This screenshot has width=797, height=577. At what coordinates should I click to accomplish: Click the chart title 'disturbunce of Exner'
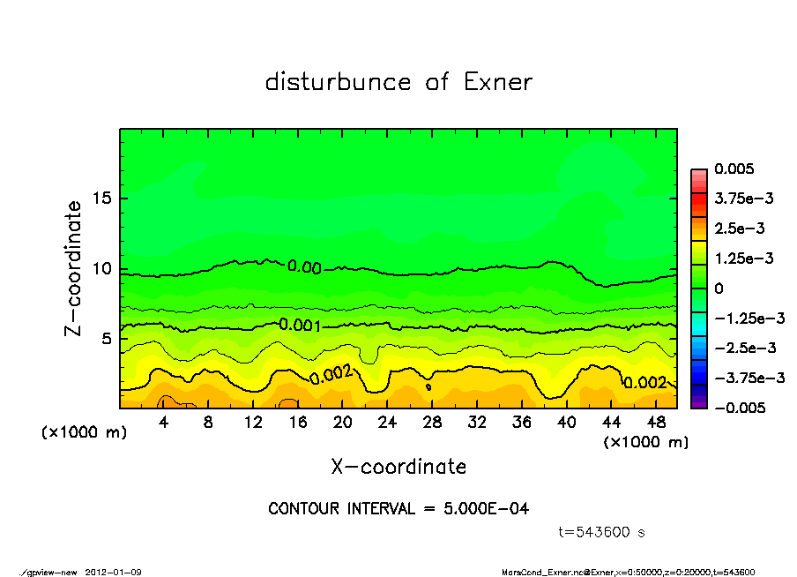pos(398,83)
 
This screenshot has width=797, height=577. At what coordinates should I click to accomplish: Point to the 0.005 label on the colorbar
pos(735,169)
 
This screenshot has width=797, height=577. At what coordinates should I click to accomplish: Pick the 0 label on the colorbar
pos(719,288)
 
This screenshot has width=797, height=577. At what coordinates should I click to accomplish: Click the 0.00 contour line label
pos(304,267)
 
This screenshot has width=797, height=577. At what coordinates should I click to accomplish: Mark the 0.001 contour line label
pos(300,325)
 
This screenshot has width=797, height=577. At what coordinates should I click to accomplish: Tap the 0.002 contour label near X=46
pos(645,383)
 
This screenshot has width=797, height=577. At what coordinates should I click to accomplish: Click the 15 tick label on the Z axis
pos(101,198)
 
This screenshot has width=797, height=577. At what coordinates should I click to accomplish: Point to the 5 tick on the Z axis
pos(108,339)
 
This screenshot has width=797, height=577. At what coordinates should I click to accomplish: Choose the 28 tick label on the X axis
pos(431,423)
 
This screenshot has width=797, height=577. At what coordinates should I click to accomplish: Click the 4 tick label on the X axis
pos(163,423)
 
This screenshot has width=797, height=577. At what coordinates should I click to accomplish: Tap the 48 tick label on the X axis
pos(655,423)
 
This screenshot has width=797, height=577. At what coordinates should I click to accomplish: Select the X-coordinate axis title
pos(398,467)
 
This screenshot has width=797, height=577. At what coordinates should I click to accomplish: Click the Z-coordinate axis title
pos(74,267)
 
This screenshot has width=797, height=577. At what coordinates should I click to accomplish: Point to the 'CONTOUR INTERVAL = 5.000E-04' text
pos(398,509)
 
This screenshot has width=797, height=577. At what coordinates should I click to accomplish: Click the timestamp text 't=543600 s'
pos(602,532)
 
